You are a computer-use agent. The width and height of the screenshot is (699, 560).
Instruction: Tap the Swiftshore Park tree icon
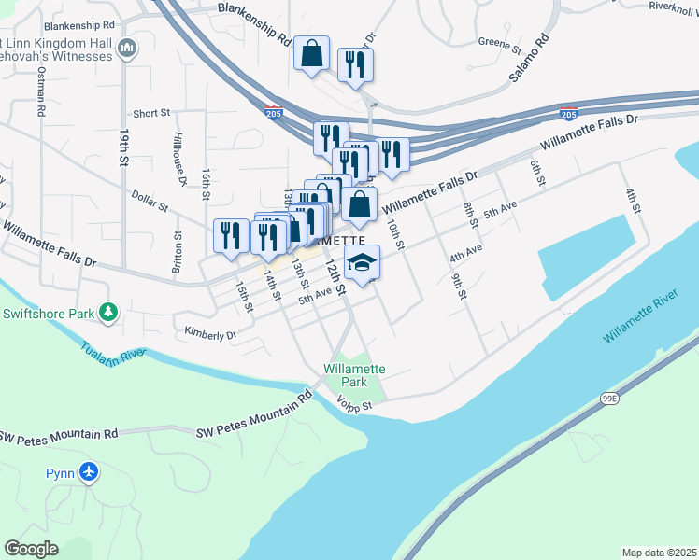(110, 312)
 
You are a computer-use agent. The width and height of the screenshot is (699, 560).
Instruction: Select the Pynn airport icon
(89, 472)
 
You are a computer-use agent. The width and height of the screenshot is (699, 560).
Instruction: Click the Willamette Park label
(353, 375)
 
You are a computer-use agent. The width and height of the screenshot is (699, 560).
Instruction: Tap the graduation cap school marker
(362, 263)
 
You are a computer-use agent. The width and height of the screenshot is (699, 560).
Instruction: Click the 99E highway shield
(609, 399)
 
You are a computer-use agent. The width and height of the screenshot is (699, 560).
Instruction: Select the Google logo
(32, 548)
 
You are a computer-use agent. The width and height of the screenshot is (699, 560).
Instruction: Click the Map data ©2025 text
(659, 553)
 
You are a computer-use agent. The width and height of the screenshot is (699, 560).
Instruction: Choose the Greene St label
(499, 43)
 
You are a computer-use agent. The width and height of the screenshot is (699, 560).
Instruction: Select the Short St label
(151, 113)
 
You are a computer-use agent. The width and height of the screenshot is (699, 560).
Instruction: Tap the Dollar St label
(150, 201)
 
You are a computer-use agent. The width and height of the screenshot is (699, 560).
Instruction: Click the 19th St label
(122, 147)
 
